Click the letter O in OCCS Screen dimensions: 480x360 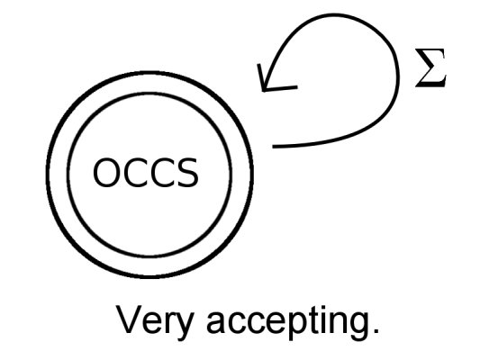pos(106,173)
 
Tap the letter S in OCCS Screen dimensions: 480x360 pos(187,173)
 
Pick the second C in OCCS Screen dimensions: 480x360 pos(161,173)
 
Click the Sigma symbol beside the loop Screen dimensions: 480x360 pos(430,67)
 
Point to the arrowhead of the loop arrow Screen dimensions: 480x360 pos(264,90)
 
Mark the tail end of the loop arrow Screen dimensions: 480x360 pos(274,147)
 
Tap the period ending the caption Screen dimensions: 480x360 pos(376,330)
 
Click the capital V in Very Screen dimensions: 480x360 pos(129,319)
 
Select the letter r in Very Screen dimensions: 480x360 pos(169,322)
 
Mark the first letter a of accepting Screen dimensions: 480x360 pos(216,323)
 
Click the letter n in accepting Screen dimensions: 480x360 pos(335,322)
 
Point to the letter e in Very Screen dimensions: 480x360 pos(152,323)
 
